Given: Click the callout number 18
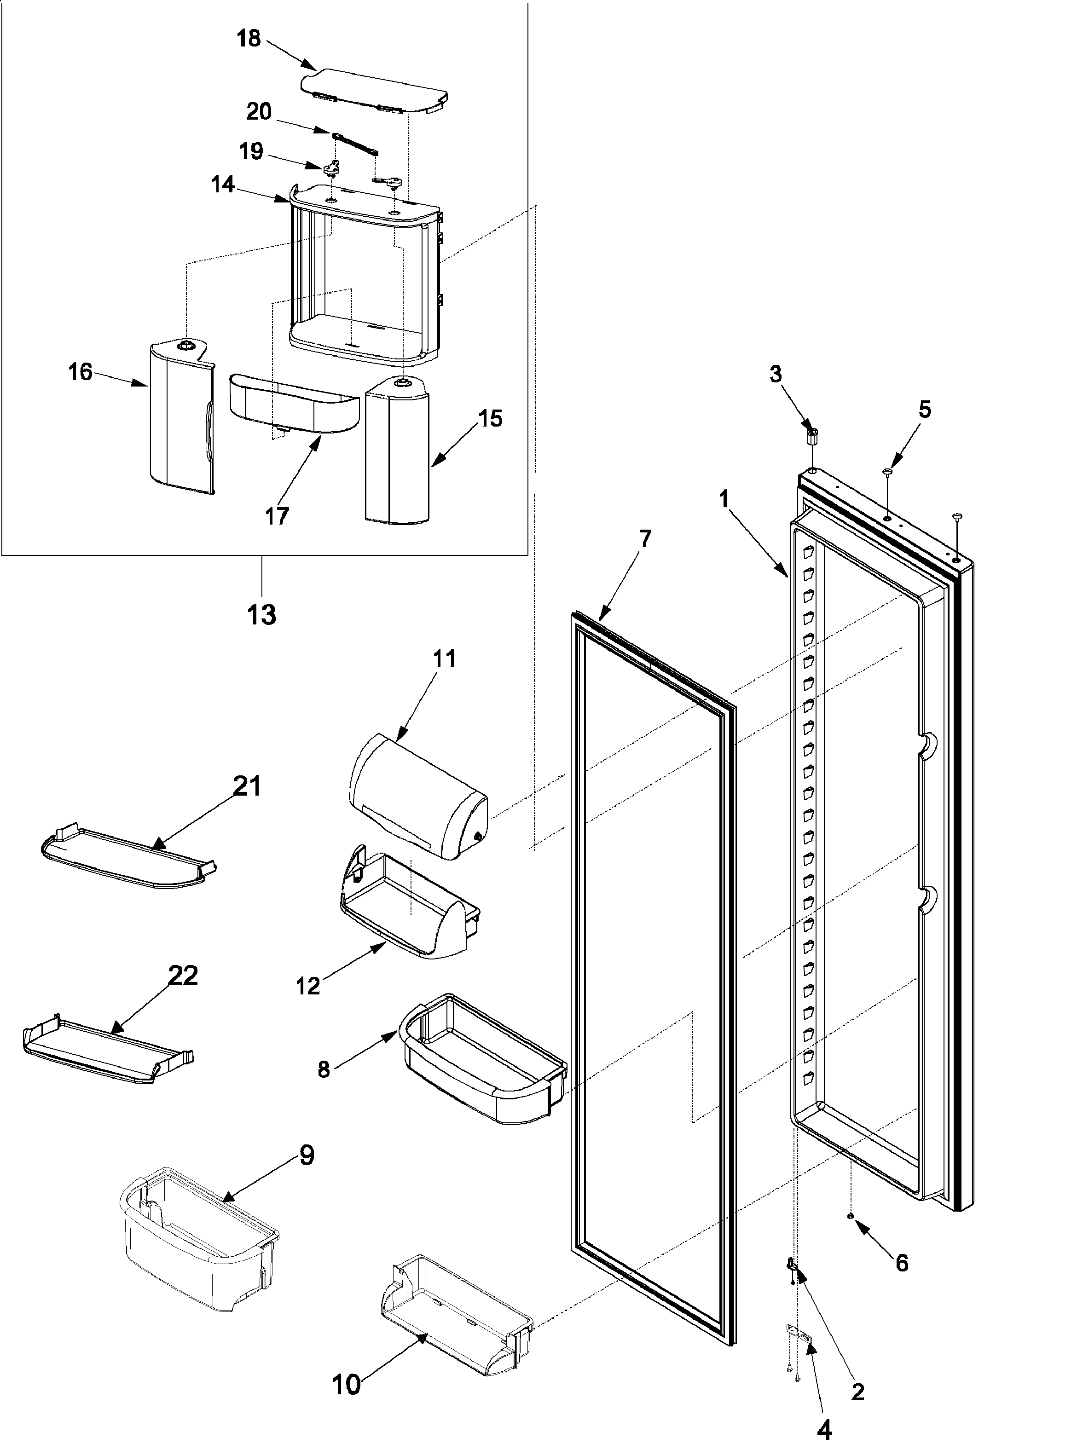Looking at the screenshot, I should point(248,39).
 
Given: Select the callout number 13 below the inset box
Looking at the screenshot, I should point(261,615).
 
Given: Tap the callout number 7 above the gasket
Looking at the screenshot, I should point(644,539).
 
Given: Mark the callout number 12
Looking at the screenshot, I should point(307,986).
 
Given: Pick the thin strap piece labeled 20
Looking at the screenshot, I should point(356,144).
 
